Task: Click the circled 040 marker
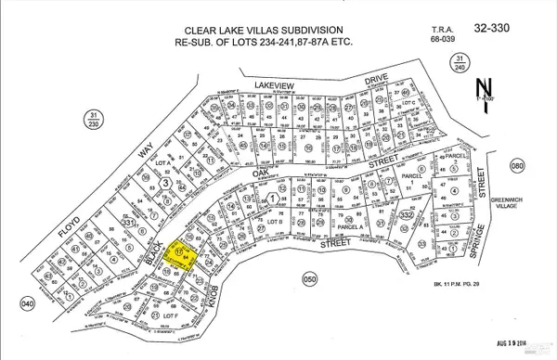pos(27,302)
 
